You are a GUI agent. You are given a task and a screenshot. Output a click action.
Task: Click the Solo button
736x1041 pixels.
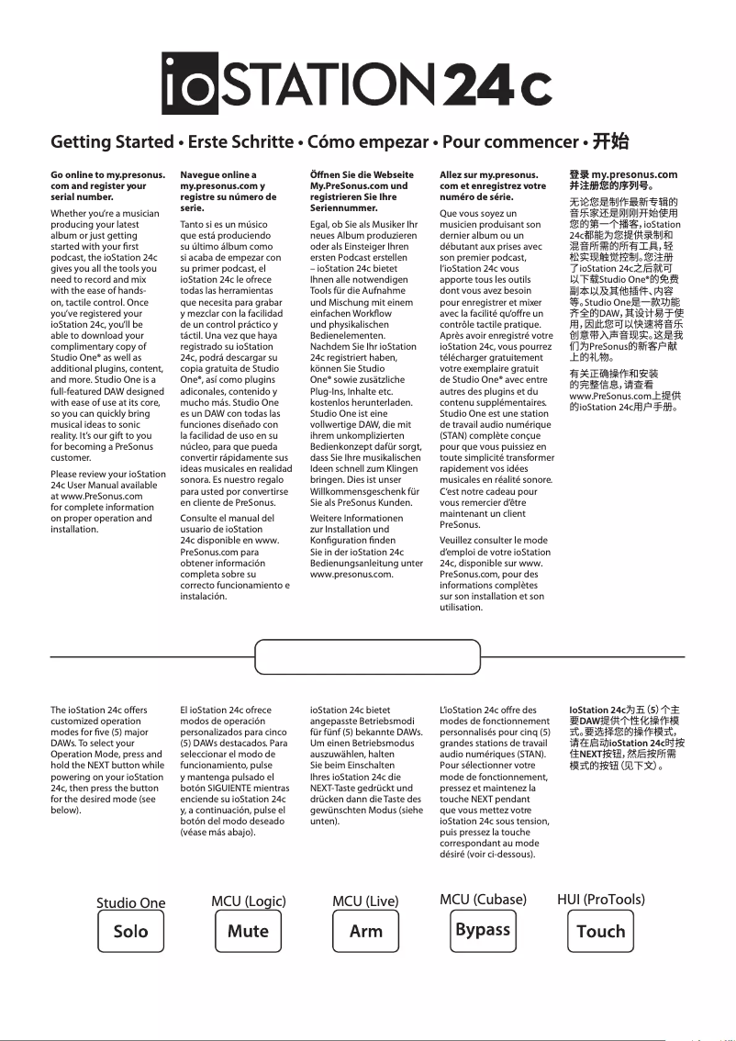coord(130,931)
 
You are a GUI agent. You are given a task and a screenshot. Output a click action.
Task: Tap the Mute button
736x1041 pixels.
coord(248,931)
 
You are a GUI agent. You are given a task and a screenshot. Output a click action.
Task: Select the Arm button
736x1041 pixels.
coord(365,931)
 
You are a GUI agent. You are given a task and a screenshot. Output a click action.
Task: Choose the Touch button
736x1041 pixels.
coord(600,931)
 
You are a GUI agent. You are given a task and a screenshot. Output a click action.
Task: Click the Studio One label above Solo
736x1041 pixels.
coord(130,902)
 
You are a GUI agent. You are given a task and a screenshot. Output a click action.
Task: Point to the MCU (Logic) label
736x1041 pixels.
coord(248,901)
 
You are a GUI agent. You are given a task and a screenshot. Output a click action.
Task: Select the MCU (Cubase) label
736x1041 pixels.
coord(483,900)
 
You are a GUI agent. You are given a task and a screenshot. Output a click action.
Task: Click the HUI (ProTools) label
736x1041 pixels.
coord(600,900)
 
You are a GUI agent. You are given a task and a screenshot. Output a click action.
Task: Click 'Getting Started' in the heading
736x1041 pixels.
coord(112,142)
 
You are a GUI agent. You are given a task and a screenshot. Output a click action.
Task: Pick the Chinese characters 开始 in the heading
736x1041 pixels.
coord(610,141)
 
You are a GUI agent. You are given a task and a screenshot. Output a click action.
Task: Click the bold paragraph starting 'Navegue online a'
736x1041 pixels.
coord(223,191)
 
